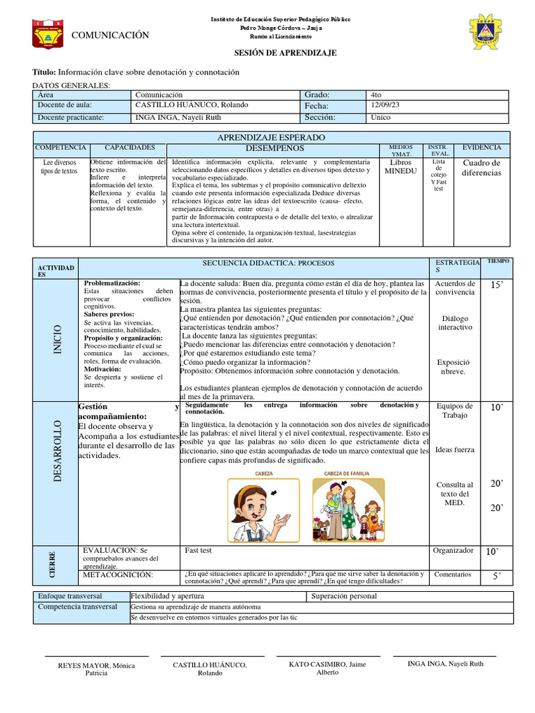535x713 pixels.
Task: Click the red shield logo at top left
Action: point(48,33)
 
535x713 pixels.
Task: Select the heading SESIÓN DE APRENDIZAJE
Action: point(285,53)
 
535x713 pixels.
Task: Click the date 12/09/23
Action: point(387,106)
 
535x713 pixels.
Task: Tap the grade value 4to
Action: point(377,95)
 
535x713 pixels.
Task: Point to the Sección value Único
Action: point(382,118)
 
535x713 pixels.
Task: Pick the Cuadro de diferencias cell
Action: point(481,168)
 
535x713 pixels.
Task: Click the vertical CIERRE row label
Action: point(53,563)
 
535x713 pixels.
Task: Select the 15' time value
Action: point(496,285)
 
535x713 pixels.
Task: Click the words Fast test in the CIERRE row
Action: point(199,550)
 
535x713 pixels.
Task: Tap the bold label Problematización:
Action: point(112,283)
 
